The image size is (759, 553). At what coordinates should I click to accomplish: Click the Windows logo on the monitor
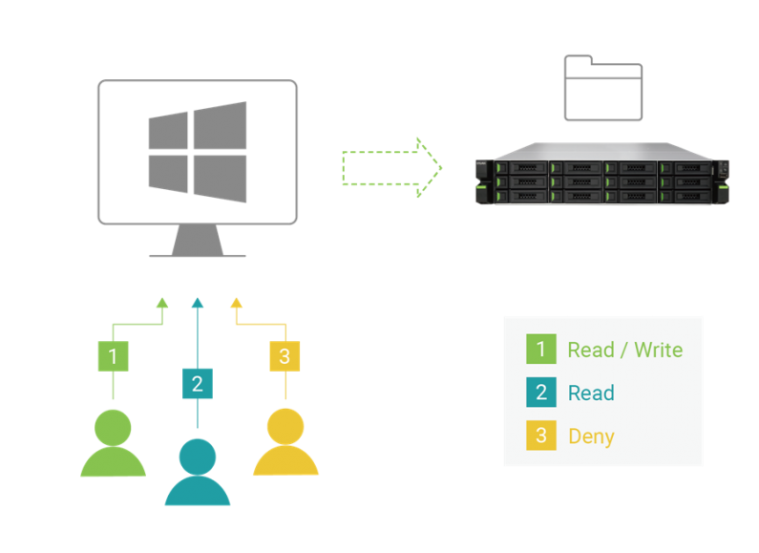tap(198, 152)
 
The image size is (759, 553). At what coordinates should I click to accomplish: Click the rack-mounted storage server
tap(602, 174)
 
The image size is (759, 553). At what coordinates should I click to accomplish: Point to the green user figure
tap(114, 444)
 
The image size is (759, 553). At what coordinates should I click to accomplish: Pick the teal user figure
tap(198, 472)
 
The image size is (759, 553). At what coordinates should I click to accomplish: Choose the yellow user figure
tap(285, 442)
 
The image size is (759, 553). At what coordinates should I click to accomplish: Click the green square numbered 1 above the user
tap(114, 356)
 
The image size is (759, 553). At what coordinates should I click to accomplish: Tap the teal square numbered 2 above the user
tap(198, 384)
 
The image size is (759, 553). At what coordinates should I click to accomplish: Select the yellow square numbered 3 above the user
tap(285, 356)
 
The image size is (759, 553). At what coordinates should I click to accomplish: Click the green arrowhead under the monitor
tap(162, 304)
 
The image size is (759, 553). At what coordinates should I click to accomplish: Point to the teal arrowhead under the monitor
tap(198, 304)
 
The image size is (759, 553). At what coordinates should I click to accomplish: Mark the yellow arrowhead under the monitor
tap(237, 304)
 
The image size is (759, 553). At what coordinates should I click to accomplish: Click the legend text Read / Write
tap(624, 350)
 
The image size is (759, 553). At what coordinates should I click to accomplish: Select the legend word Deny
tap(591, 436)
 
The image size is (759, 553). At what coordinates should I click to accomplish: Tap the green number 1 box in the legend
tap(540, 350)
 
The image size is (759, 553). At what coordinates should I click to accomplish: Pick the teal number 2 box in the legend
tap(540, 393)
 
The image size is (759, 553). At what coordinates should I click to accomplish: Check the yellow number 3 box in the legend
tap(540, 436)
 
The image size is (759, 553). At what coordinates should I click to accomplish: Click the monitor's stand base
tap(198, 252)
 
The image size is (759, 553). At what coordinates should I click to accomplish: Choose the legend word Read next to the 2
tap(591, 393)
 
